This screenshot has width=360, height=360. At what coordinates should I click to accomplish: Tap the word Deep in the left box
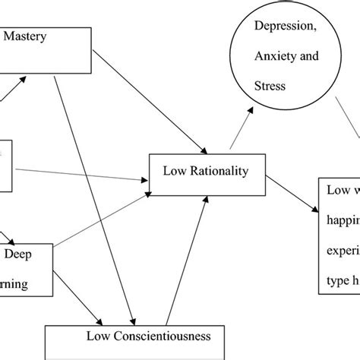click(x=21, y=255)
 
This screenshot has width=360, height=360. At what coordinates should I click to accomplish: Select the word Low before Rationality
click(x=175, y=171)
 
